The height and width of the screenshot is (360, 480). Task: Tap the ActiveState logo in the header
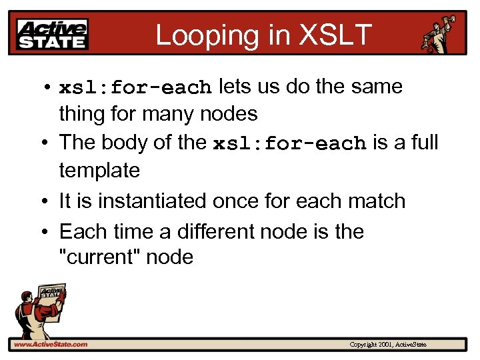click(53, 35)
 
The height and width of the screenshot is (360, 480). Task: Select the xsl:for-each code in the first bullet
click(135, 88)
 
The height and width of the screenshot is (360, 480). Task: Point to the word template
click(99, 171)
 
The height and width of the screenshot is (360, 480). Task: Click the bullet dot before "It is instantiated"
click(45, 201)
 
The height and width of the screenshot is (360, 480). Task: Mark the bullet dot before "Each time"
click(45, 232)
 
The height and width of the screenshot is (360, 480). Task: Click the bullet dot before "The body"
click(45, 143)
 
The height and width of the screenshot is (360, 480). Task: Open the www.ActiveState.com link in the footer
click(50, 345)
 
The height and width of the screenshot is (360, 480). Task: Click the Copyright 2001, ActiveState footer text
click(388, 345)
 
